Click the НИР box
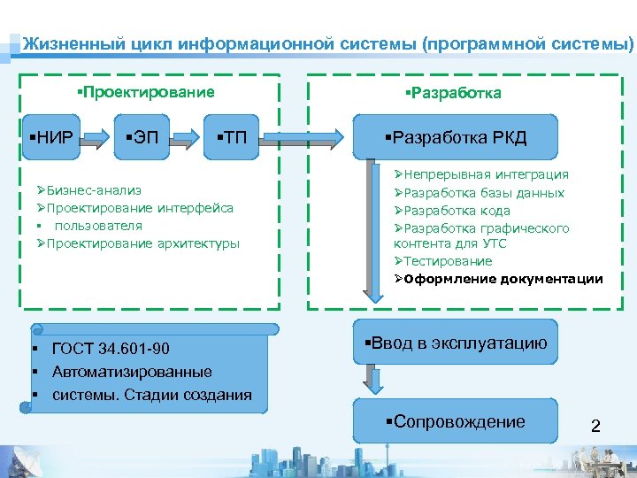(x=50, y=137)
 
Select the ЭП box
(x=146, y=137)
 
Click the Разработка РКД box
(x=456, y=137)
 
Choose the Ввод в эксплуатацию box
(x=456, y=343)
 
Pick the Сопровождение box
(x=456, y=422)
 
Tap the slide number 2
(x=595, y=427)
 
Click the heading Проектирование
(x=146, y=92)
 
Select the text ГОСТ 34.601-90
(x=111, y=348)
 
